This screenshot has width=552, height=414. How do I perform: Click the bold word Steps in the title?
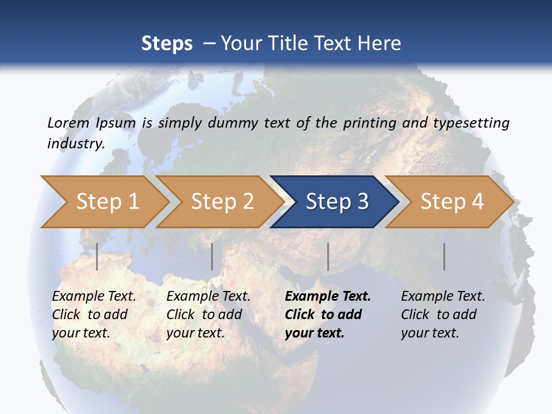(x=167, y=44)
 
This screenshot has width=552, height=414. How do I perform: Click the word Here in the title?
(x=379, y=44)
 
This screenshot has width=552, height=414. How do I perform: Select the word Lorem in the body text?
(x=68, y=123)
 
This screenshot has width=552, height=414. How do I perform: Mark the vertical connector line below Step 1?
(x=97, y=256)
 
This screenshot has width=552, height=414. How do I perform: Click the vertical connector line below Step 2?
(x=212, y=256)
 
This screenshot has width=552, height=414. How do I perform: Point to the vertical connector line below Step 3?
(x=328, y=256)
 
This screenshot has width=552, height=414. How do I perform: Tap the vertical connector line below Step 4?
(x=444, y=256)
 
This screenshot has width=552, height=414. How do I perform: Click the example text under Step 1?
(x=93, y=315)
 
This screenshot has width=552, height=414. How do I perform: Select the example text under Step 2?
(x=208, y=315)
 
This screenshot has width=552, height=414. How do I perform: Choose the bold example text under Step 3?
(x=327, y=315)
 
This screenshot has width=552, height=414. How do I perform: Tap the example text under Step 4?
(x=442, y=315)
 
